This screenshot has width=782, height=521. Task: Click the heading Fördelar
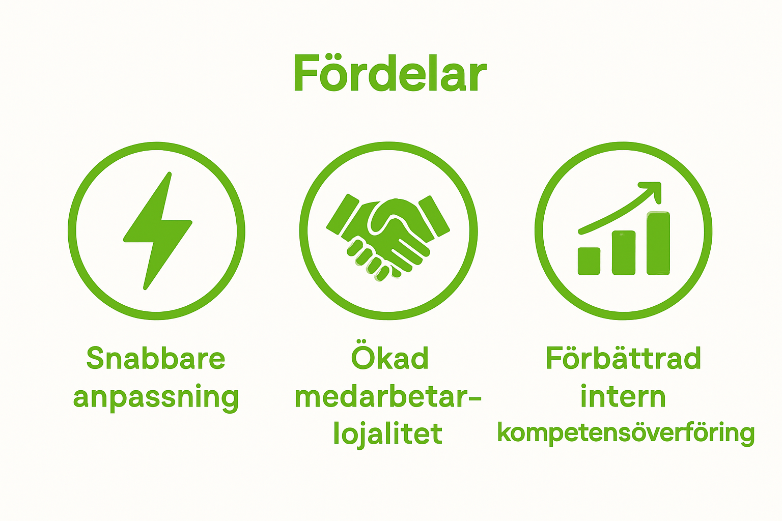pyautogui.click(x=389, y=74)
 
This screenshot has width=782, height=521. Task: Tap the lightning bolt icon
pyautogui.click(x=157, y=230)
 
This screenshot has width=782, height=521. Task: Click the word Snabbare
pyautogui.click(x=156, y=358)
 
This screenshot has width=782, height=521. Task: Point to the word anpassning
pyautogui.click(x=156, y=397)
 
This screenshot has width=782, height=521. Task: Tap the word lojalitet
pyautogui.click(x=388, y=434)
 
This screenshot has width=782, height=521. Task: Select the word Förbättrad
pyautogui.click(x=623, y=358)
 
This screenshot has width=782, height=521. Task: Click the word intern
pyautogui.click(x=623, y=397)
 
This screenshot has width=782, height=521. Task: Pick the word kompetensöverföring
pyautogui.click(x=626, y=433)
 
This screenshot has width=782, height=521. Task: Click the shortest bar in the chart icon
pyautogui.click(x=589, y=261)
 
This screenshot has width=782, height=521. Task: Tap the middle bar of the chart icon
pyautogui.click(x=624, y=253)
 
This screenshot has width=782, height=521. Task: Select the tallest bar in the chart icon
pyautogui.click(x=658, y=243)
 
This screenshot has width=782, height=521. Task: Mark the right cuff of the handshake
pyautogui.click(x=434, y=215)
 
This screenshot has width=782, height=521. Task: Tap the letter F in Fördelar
pyautogui.click(x=304, y=74)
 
